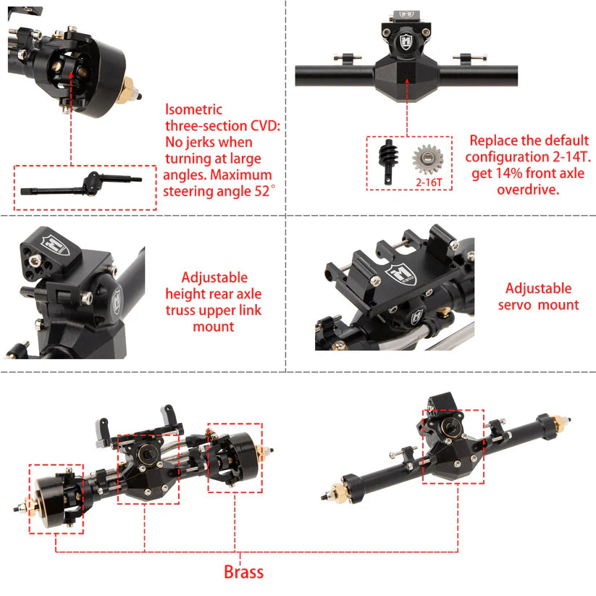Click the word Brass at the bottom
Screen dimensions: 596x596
coord(243,571)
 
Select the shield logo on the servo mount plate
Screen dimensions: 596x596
coord(398,274)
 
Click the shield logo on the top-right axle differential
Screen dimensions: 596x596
coord(406,39)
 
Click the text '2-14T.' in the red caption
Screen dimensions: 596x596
coord(568,157)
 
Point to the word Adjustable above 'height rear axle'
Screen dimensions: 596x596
coord(214,277)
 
